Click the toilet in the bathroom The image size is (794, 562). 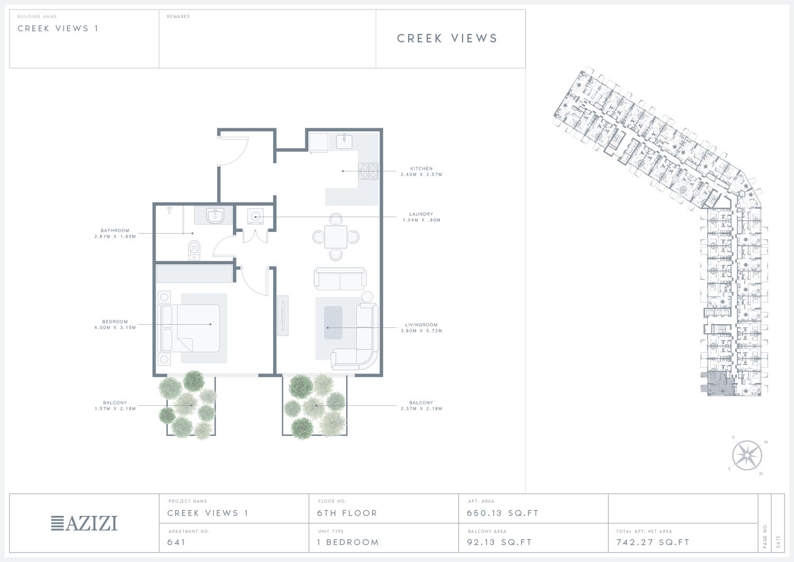pyautogui.click(x=194, y=250)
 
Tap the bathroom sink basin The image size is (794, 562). pyautogui.click(x=215, y=216)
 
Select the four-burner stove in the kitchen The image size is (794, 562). pyautogui.click(x=368, y=171)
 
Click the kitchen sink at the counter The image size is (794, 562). pyautogui.click(x=344, y=141)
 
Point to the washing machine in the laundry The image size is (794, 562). pyautogui.click(x=256, y=217)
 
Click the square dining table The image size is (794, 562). pyautogui.click(x=336, y=237)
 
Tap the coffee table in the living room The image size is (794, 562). pyautogui.click(x=333, y=323)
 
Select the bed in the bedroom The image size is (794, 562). pyautogui.click(x=191, y=328)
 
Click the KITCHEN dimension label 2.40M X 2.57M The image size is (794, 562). pyautogui.click(x=421, y=175)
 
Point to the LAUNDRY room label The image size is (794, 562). pyautogui.click(x=421, y=215)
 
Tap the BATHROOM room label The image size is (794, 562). pyautogui.click(x=115, y=230)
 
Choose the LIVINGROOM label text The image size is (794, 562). pyautogui.click(x=421, y=325)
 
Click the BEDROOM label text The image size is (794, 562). pyautogui.click(x=115, y=322)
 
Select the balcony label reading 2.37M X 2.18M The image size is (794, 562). pyautogui.click(x=421, y=409)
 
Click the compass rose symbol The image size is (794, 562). pyautogui.click(x=747, y=456)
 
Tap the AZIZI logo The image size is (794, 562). pyautogui.click(x=84, y=523)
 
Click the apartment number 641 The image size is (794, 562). pyautogui.click(x=176, y=542)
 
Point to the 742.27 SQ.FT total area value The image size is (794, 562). pyautogui.click(x=653, y=542)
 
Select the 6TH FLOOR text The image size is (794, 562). pyautogui.click(x=347, y=513)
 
